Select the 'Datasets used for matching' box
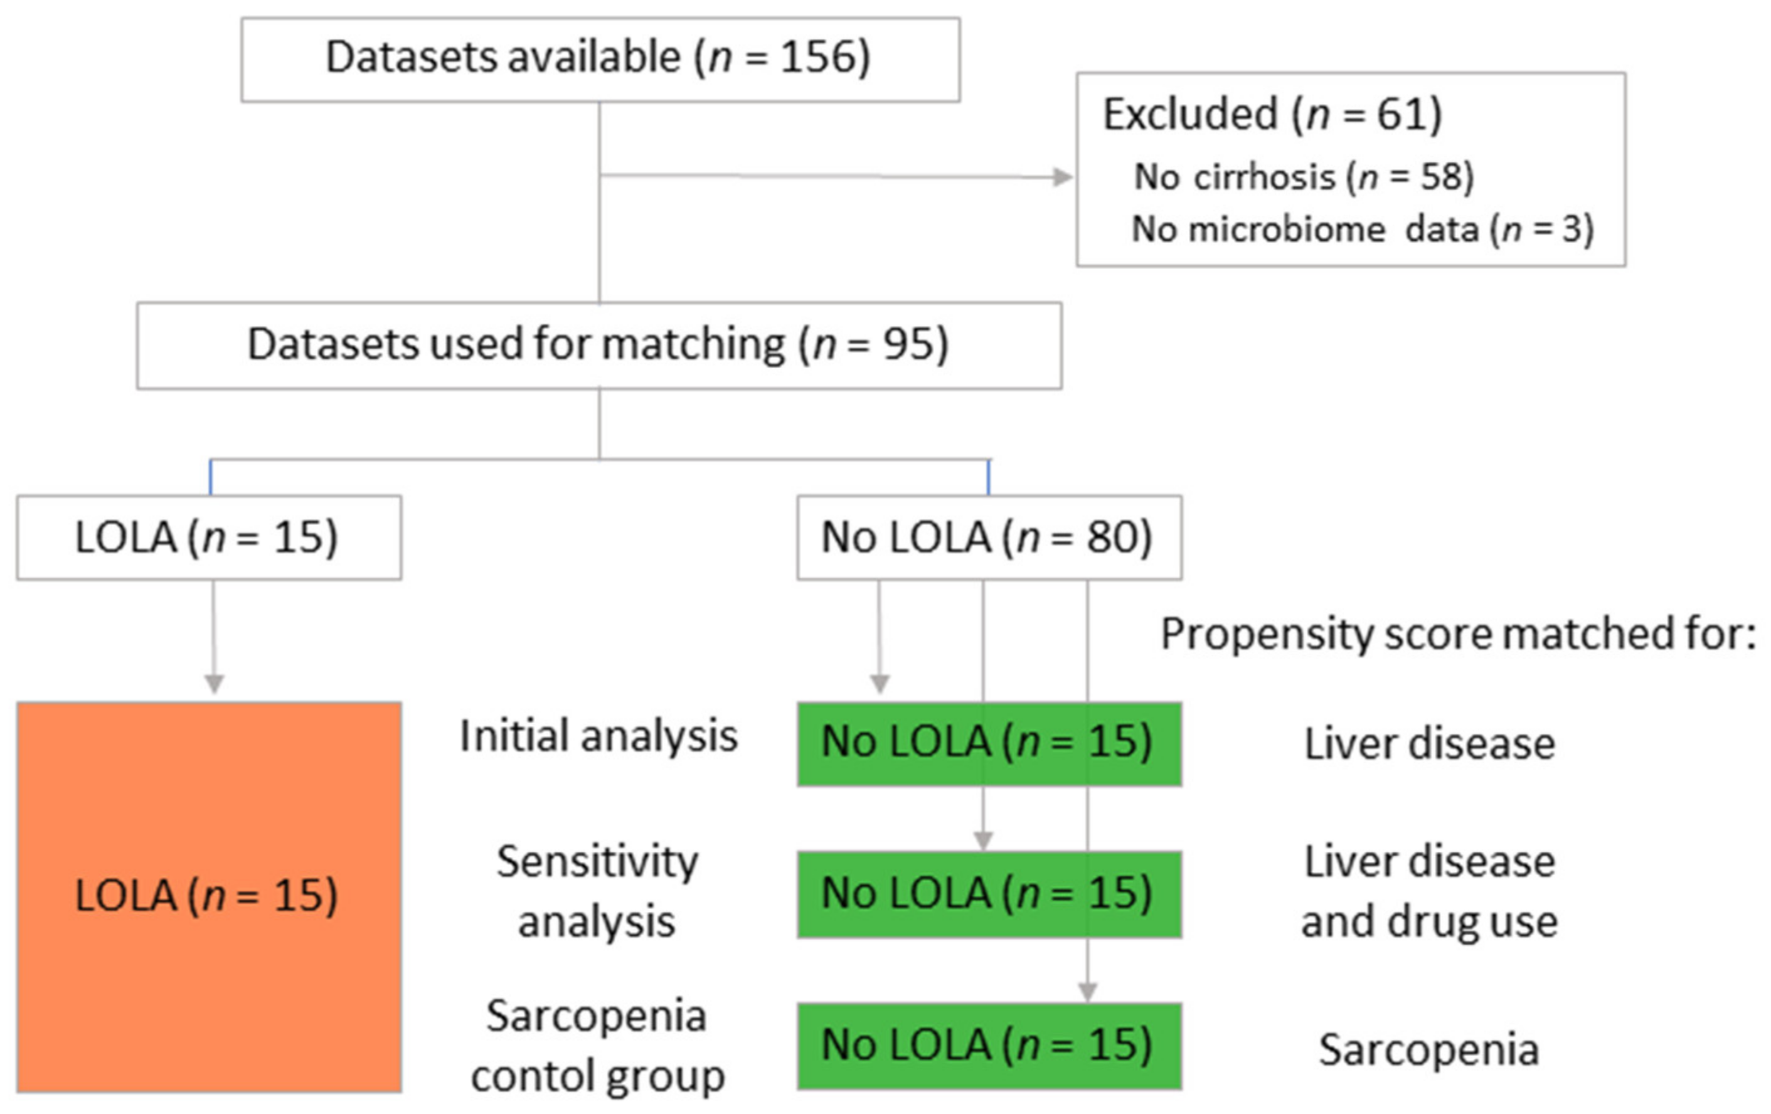(598, 345)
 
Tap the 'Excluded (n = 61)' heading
(1272, 115)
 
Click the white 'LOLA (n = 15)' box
(208, 538)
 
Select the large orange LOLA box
(208, 896)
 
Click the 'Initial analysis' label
(598, 736)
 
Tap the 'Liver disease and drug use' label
(1428, 891)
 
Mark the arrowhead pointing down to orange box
(213, 684)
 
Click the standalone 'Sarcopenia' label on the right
(1428, 1049)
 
